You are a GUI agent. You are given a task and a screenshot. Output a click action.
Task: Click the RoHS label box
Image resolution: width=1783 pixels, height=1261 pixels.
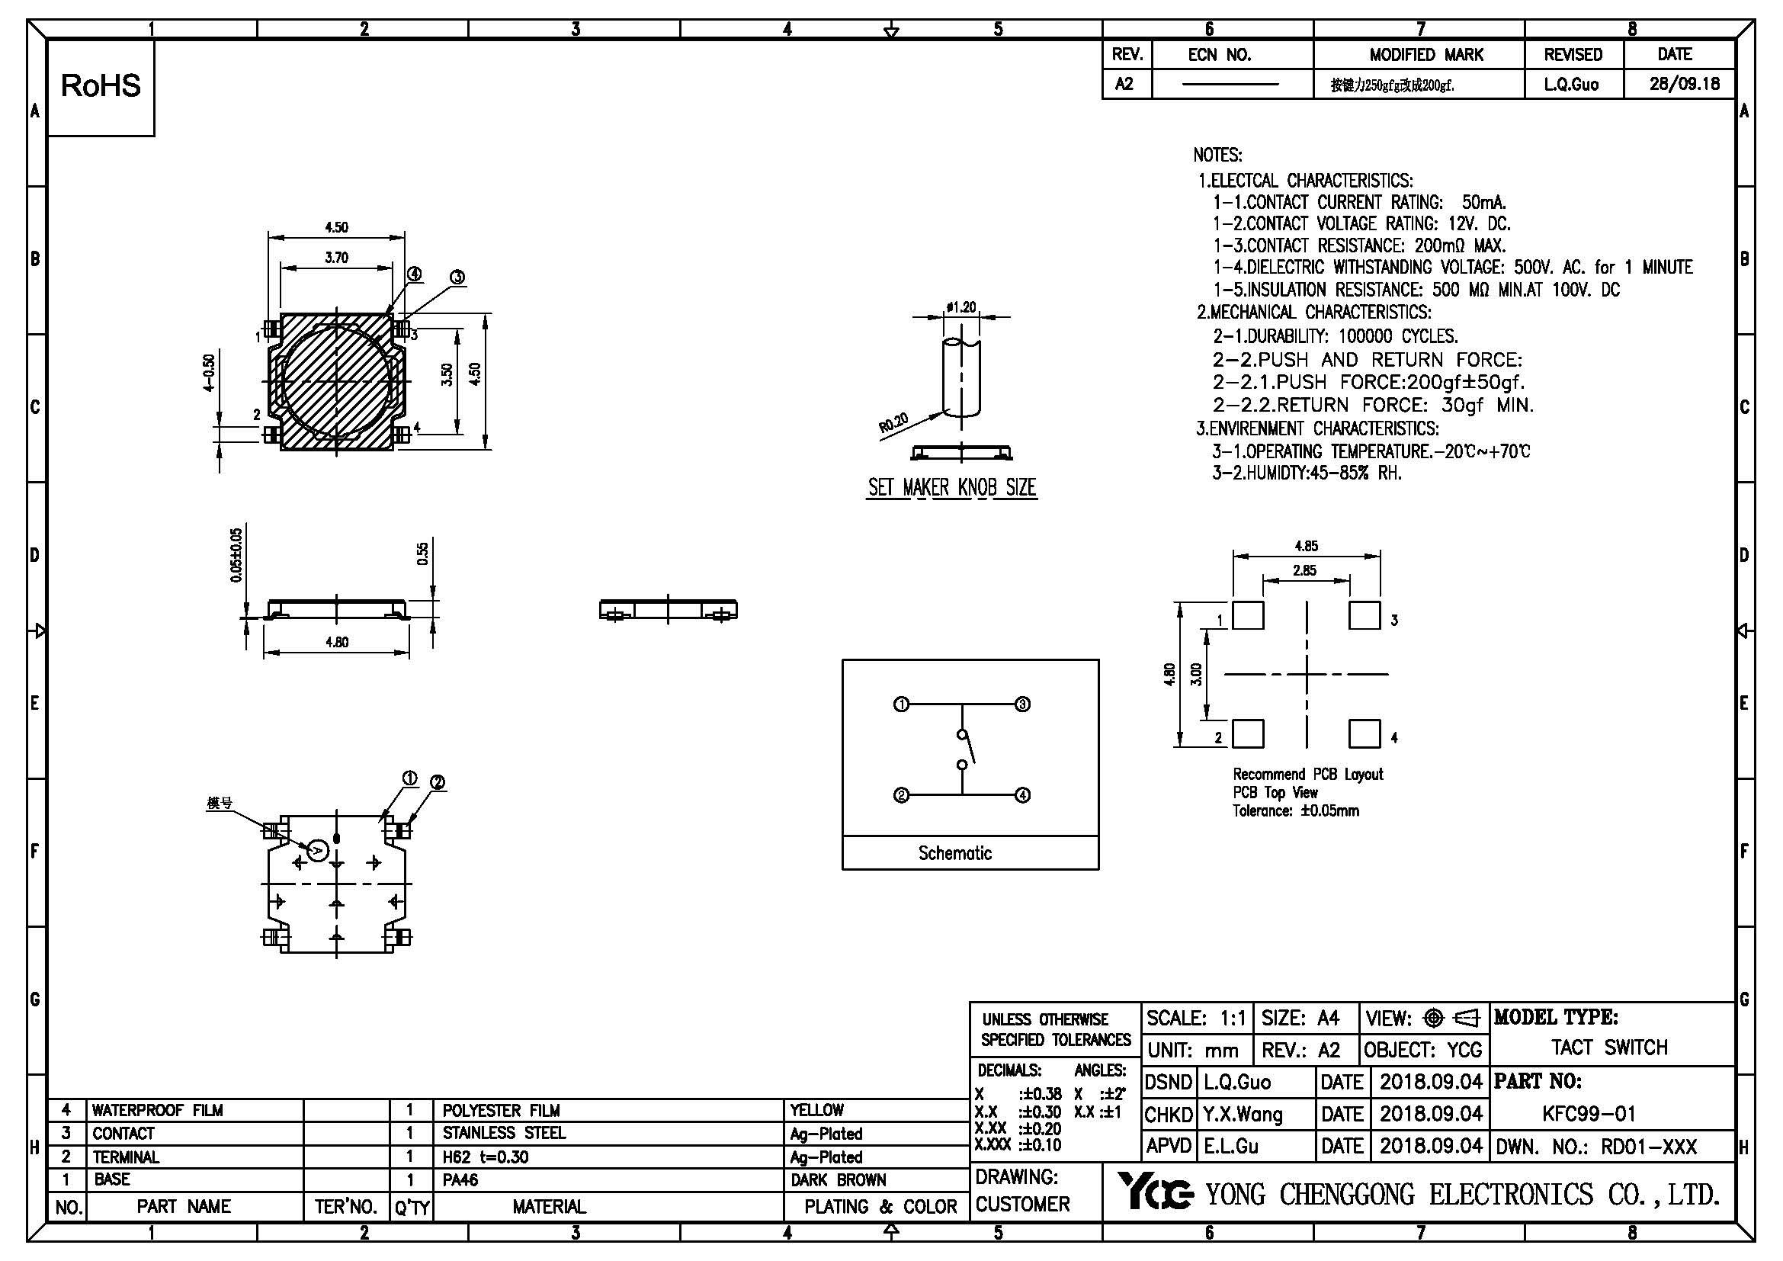(x=101, y=87)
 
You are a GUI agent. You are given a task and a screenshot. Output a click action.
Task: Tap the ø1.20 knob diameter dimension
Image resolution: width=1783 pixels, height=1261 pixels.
(x=961, y=306)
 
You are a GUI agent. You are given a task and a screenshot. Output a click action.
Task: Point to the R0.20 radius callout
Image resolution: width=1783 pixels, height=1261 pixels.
(x=893, y=423)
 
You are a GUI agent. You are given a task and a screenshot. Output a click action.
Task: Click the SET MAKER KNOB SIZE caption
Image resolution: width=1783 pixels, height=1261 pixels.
(x=952, y=488)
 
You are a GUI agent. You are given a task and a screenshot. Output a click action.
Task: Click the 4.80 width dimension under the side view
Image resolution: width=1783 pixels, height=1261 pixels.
(x=336, y=642)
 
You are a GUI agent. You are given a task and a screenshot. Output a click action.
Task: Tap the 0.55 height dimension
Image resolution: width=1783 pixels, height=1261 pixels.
(x=422, y=553)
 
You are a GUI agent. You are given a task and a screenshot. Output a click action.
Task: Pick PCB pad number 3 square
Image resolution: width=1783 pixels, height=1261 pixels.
(x=1365, y=616)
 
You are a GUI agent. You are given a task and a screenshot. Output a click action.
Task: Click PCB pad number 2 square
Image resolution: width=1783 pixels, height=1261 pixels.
(x=1248, y=733)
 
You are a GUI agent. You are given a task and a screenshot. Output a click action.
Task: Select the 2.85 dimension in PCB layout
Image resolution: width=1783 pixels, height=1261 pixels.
(x=1304, y=571)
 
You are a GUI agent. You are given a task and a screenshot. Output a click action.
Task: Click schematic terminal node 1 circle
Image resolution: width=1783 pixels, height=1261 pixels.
(x=901, y=705)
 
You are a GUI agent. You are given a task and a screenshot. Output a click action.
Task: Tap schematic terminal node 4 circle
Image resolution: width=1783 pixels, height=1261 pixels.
(x=1023, y=795)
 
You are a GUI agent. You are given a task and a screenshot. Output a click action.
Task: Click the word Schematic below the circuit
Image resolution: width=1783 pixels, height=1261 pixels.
(x=954, y=853)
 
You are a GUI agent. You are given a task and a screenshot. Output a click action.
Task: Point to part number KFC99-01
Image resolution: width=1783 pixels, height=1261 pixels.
(x=1589, y=1115)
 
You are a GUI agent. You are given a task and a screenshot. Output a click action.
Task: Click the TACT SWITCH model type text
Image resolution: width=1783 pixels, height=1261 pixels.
(x=1609, y=1048)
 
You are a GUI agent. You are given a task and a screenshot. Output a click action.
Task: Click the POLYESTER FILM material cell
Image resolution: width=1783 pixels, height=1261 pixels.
(x=501, y=1110)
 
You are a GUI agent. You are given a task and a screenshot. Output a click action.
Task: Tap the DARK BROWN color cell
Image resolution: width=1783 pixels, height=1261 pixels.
(x=838, y=1180)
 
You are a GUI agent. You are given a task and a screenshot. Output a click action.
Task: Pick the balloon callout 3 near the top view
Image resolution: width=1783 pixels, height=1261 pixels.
(x=457, y=278)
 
